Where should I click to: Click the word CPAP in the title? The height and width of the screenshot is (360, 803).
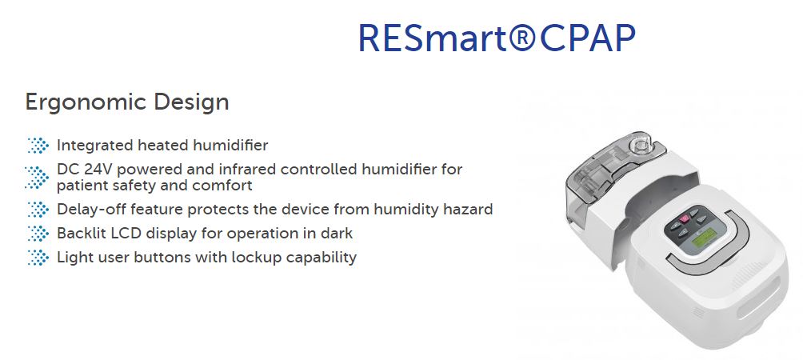587,38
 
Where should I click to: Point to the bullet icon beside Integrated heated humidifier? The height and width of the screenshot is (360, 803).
38,146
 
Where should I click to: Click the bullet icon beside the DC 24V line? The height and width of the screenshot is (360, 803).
37,177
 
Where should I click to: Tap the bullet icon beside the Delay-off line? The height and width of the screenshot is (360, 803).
38,210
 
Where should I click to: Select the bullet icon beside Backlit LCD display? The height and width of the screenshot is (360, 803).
38,234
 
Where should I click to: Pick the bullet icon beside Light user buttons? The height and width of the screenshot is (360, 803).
38,257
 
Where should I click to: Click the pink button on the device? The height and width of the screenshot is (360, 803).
684,220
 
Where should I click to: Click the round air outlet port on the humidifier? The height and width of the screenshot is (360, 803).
637,145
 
